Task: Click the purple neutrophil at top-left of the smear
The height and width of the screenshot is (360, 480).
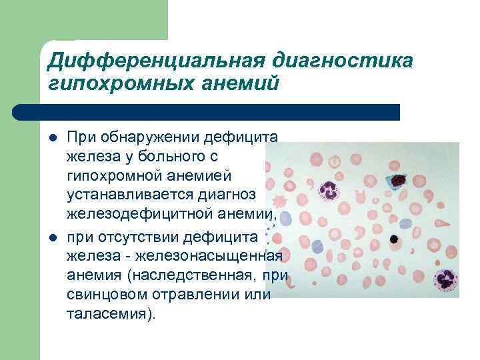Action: (x=329, y=191)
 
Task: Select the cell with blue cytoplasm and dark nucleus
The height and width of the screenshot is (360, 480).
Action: (x=398, y=180)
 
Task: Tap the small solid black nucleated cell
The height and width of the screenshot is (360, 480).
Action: (x=395, y=239)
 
